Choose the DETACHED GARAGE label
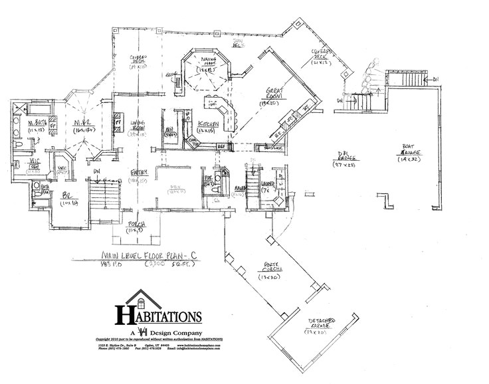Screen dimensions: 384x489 click(322, 324)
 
